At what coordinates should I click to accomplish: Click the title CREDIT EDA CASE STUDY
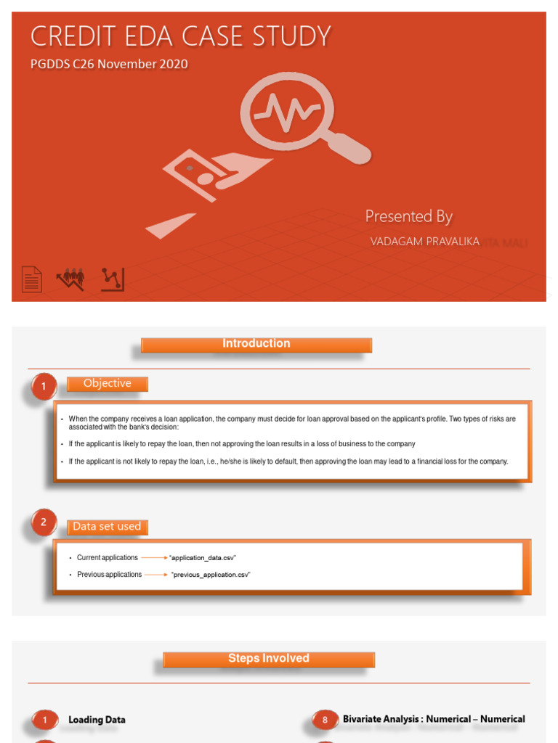pos(180,36)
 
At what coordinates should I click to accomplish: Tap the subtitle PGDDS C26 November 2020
pos(109,64)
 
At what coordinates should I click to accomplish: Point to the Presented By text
pos(408,216)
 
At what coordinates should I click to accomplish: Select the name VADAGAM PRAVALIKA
pos(425,242)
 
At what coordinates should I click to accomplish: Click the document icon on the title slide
pos(31,279)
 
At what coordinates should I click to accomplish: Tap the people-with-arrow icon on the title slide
pos(72,279)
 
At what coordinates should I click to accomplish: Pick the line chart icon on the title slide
pos(113,279)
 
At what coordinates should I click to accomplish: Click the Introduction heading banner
pos(256,344)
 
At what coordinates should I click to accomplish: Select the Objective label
pos(108,384)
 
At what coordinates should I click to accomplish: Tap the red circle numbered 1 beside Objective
pos(44,387)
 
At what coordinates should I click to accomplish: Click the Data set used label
pos(107,527)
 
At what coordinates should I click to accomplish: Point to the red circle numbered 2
pos(44,522)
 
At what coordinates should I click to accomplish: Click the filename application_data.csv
pos(203,558)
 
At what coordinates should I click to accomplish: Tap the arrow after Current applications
pos(154,558)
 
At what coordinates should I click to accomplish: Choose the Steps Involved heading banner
pos(269,659)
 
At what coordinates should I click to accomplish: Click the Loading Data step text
pos(97,720)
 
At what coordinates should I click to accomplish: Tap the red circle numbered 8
pos(325,720)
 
